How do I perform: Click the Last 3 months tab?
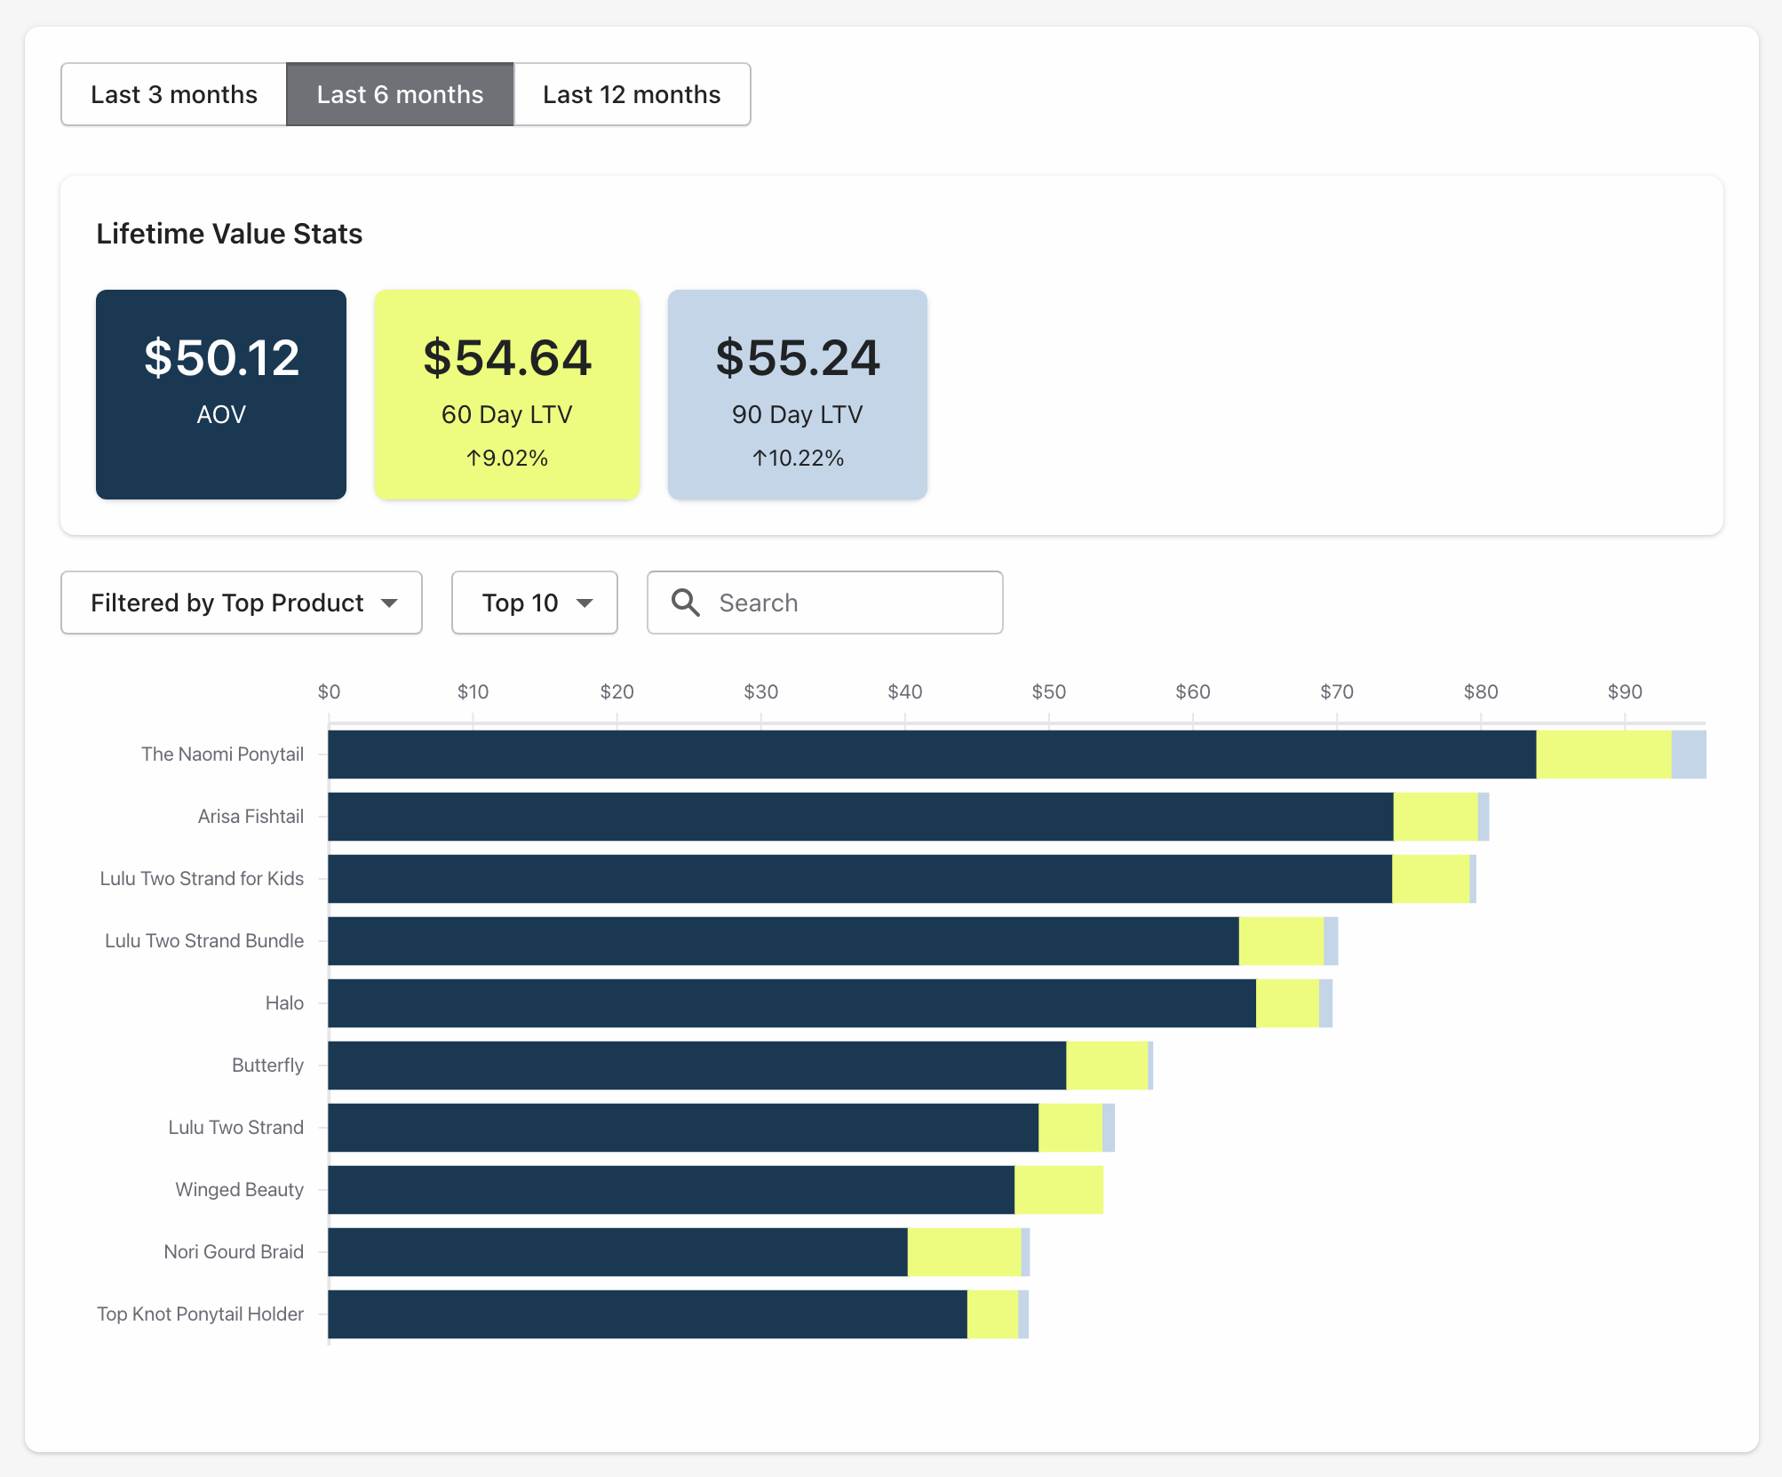coord(174,94)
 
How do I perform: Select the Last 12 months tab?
coord(632,94)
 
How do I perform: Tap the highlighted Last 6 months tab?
coord(400,94)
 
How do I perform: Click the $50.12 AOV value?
coord(221,357)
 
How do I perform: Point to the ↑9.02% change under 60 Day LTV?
coord(507,458)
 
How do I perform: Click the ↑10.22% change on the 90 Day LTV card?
coord(798,458)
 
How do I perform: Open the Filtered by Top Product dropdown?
coord(242,603)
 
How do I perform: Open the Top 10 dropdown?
coord(534,603)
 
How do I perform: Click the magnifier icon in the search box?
coord(686,603)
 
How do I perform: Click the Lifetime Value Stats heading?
coord(229,234)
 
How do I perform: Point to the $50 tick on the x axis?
coord(1048,691)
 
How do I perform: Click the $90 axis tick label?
coord(1624,691)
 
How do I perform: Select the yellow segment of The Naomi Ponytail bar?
coord(1603,754)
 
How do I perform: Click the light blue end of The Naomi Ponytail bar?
coord(1689,754)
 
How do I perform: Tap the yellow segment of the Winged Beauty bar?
coord(1059,1190)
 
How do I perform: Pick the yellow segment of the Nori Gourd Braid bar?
coord(964,1252)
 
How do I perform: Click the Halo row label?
coord(284,1002)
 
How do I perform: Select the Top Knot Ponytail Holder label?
coord(200,1313)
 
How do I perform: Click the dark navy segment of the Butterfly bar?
coord(696,1066)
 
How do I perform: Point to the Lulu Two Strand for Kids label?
coord(202,878)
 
